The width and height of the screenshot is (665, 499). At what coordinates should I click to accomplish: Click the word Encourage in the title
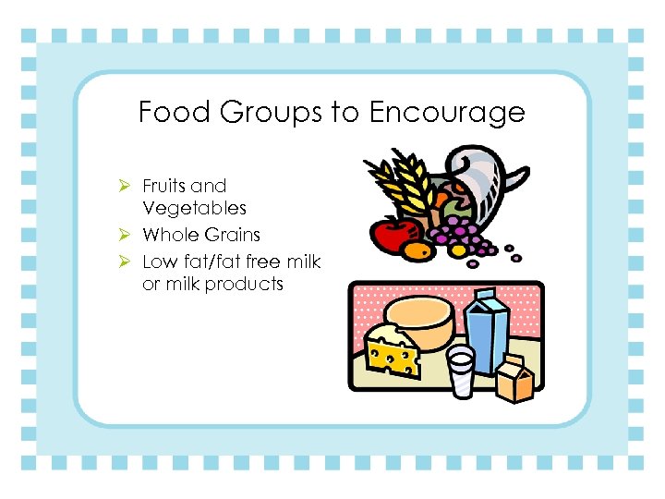tap(447, 113)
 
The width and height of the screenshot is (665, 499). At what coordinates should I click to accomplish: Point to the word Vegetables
tap(194, 209)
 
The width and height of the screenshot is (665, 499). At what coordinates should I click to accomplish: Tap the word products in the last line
tap(244, 285)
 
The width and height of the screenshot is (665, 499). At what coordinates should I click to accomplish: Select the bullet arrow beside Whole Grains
tap(129, 236)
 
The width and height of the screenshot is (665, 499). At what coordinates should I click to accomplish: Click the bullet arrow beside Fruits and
tap(129, 186)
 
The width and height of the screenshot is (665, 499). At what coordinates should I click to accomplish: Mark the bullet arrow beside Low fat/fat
tap(129, 262)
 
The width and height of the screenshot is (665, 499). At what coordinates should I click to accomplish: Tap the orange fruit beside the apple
tap(417, 249)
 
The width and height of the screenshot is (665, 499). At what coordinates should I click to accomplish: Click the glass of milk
tap(459, 371)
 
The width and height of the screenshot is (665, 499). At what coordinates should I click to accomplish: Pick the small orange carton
tap(514, 379)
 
